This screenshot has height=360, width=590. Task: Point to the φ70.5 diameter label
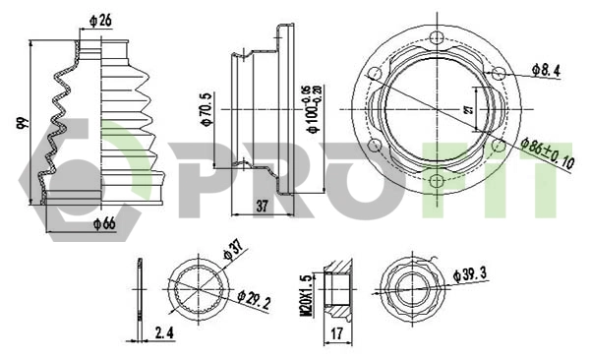pos(206,108)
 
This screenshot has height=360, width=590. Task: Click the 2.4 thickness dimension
pos(166,333)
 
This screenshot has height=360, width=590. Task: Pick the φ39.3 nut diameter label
pos(470,275)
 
